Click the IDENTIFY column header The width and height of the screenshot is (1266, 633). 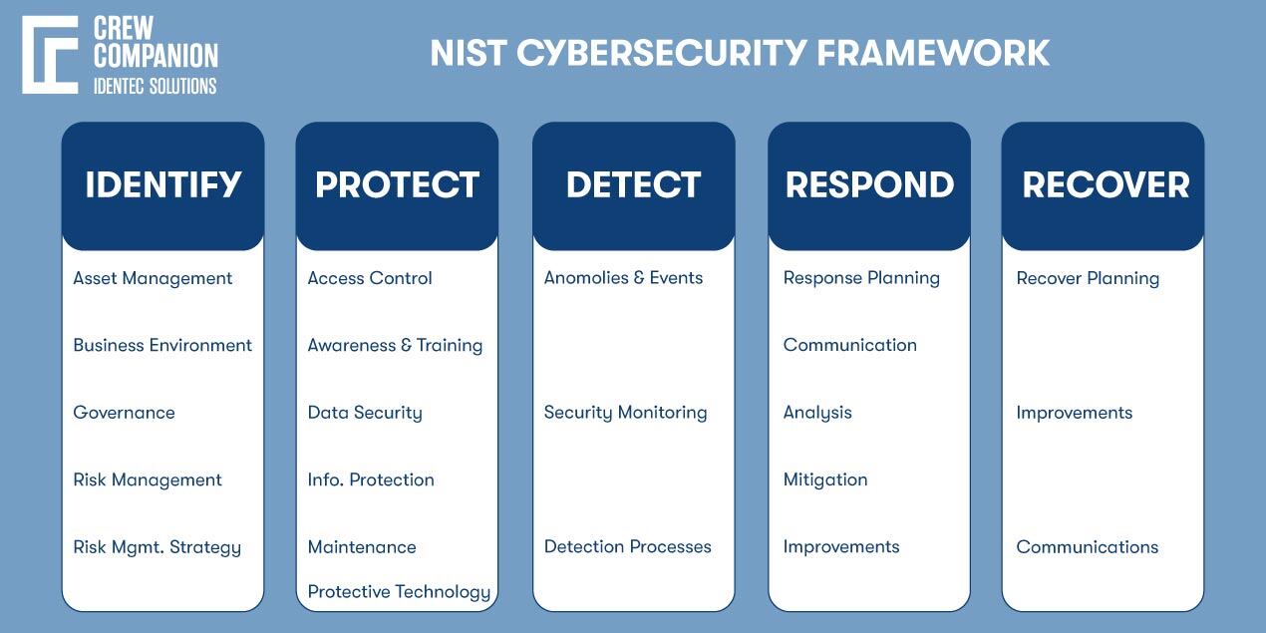(x=162, y=185)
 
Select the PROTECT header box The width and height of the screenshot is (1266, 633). (x=397, y=185)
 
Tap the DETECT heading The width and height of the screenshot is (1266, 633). (x=633, y=185)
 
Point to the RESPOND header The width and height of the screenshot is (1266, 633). (x=869, y=185)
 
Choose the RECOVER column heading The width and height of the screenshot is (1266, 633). (x=1105, y=185)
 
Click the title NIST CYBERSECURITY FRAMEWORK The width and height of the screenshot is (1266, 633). (x=740, y=53)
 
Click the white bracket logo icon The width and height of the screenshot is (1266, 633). (x=50, y=55)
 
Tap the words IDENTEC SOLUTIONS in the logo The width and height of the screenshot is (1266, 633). (x=155, y=86)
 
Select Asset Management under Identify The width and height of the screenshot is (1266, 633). (x=153, y=278)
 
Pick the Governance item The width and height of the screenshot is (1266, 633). (x=124, y=413)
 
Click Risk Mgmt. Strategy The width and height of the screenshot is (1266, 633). (x=157, y=547)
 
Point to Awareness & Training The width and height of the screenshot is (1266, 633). (x=395, y=345)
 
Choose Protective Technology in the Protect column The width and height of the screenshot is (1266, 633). (x=399, y=592)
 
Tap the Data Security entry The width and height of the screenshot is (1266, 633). (x=365, y=413)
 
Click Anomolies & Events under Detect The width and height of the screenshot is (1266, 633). (x=623, y=278)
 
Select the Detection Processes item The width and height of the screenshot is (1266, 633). (x=627, y=546)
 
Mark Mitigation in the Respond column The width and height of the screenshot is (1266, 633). (x=825, y=479)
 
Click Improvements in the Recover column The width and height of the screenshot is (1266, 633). (x=1074, y=413)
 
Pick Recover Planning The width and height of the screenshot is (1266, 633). (x=1088, y=278)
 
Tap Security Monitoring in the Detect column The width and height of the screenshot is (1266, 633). (x=625, y=413)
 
